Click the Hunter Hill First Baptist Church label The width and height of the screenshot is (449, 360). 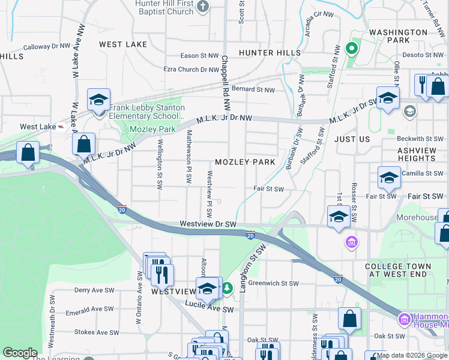(164, 7)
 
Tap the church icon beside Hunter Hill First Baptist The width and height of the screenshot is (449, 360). (203, 7)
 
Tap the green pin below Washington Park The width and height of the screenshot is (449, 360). (352, 48)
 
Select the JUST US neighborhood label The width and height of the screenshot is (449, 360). (352, 139)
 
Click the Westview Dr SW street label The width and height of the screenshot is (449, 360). (208, 224)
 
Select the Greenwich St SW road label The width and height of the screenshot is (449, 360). (273, 283)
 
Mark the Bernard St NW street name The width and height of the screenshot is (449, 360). (253, 90)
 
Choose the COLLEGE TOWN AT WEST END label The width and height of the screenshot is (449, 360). (398, 270)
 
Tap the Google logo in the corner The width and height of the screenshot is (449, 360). (20, 353)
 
